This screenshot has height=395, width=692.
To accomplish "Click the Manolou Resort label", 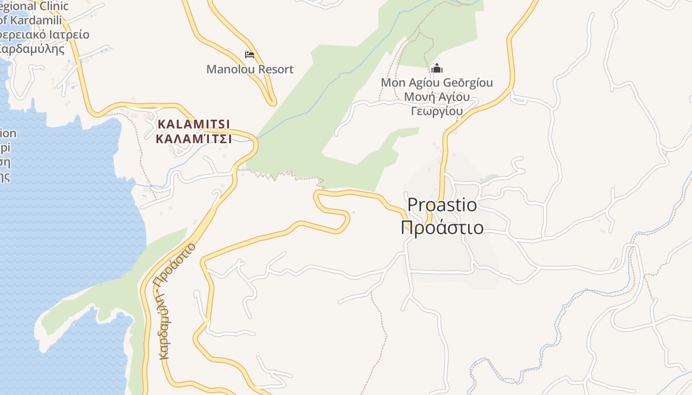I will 250,69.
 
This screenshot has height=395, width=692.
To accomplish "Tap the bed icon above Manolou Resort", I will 250,54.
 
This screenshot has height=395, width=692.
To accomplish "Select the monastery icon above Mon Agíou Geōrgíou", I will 436,68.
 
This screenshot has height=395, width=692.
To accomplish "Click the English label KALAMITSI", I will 194,124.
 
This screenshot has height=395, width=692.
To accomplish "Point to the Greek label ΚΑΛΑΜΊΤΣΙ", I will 194,139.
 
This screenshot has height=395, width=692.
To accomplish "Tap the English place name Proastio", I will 442,204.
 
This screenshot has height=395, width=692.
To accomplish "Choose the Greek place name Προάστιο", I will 442,228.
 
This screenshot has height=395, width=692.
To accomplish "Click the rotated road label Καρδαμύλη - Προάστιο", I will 178,301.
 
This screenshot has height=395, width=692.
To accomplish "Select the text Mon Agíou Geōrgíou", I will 436,82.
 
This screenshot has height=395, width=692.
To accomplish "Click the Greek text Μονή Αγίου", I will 436,97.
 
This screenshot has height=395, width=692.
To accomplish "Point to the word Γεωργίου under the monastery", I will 436,111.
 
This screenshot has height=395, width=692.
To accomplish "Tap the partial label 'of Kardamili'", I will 31,20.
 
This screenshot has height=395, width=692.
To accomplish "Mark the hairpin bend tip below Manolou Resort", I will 271,102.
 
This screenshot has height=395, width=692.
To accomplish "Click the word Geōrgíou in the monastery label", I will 466,82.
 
